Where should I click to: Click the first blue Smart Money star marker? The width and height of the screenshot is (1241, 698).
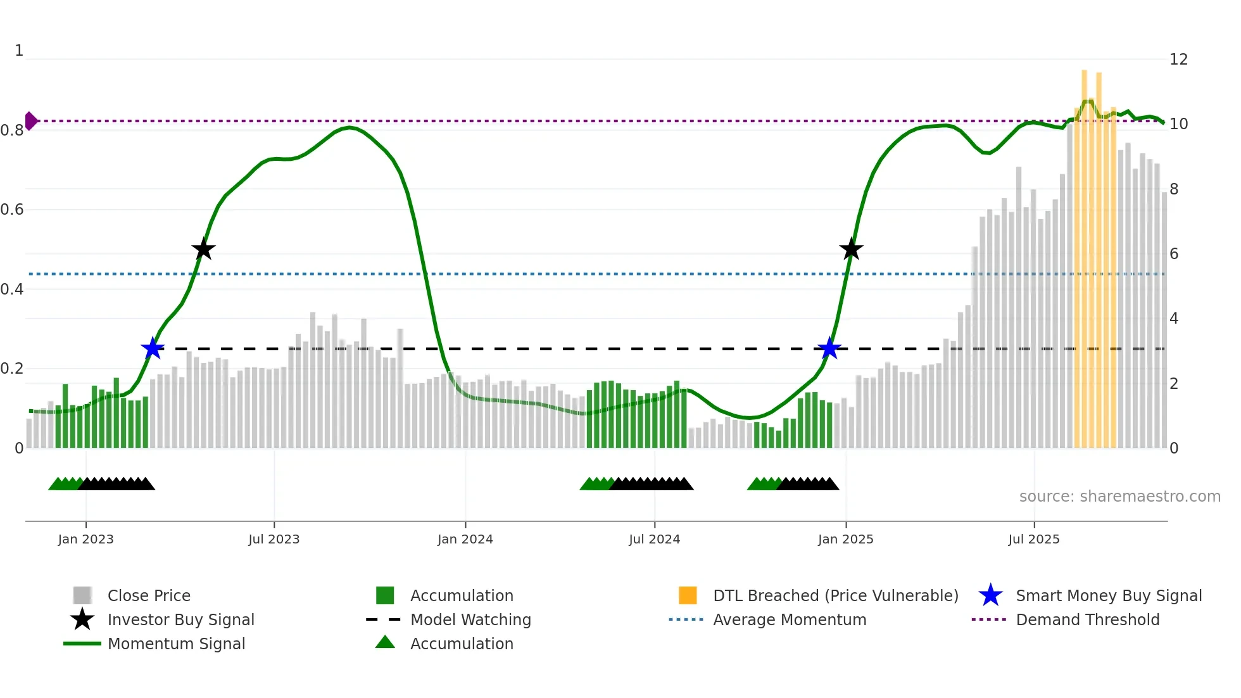point(153,348)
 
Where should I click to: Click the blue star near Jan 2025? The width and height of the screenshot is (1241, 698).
point(829,348)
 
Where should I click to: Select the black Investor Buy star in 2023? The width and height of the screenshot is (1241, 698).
point(203,250)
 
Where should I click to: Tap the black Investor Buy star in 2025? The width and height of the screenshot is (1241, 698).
point(851,250)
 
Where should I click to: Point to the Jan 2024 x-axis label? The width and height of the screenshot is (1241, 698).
point(465,539)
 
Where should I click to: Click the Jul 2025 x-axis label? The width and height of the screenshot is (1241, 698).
point(1033,539)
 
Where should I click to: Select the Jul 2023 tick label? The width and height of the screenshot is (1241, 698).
point(274,539)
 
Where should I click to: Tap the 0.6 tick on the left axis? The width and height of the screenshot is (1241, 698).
point(12,210)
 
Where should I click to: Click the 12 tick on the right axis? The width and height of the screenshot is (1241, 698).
point(1178,60)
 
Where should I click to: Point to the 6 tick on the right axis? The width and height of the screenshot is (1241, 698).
point(1174,254)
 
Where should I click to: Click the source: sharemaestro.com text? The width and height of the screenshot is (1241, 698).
point(1119,497)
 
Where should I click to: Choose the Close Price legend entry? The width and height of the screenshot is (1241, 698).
point(149,595)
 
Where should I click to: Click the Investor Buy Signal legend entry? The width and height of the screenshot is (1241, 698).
point(180,619)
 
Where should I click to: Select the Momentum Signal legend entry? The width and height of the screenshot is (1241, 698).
point(176,644)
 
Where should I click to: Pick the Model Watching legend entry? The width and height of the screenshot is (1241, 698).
point(470,619)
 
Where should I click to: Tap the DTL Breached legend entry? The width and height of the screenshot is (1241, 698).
point(835,595)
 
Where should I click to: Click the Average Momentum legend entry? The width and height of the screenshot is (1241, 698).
point(790,619)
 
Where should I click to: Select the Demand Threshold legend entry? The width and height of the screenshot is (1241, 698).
point(1087,619)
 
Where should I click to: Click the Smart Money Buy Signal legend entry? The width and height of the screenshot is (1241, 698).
point(1108,595)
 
